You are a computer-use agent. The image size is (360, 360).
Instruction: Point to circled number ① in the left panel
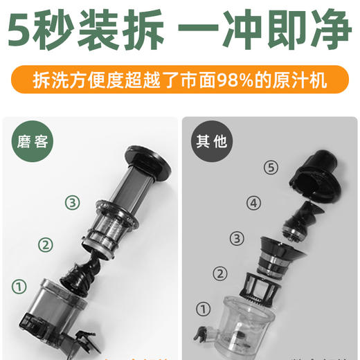[x=19, y=285]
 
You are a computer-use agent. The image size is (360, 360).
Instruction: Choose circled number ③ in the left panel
[x=73, y=202]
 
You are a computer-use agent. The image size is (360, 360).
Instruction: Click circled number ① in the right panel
[x=204, y=309]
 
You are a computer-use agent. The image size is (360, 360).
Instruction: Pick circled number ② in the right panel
[x=221, y=273]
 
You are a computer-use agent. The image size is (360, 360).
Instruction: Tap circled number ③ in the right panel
[x=237, y=238]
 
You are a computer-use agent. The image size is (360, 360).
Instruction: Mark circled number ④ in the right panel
[x=254, y=203]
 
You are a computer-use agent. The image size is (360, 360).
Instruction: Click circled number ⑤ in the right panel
[x=271, y=168]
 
